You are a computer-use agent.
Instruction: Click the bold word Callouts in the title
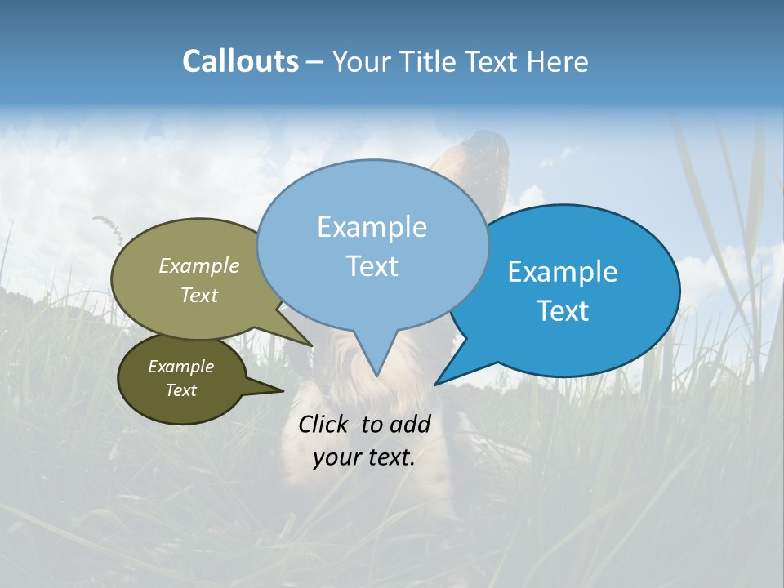[x=240, y=61]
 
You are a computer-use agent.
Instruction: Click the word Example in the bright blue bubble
[x=563, y=272]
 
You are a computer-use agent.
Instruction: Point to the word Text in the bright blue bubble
[x=563, y=311]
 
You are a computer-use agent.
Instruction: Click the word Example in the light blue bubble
[x=372, y=227]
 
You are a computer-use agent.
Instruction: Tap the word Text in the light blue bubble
[x=372, y=266]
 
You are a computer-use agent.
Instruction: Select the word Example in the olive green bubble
[x=199, y=266]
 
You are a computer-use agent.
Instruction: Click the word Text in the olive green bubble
[x=199, y=296]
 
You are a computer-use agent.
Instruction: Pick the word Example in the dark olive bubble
[x=180, y=367]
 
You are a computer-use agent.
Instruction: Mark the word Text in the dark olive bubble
[x=180, y=390]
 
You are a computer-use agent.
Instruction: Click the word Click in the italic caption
[x=325, y=424]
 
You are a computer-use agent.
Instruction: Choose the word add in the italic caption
[x=410, y=424]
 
